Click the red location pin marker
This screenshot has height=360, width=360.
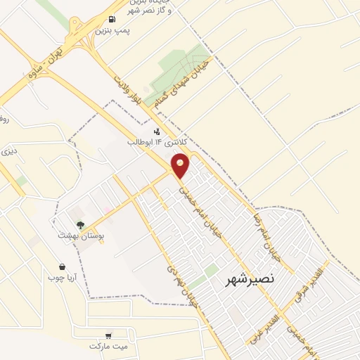point(181,165)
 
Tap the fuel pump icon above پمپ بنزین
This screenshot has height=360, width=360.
point(112,19)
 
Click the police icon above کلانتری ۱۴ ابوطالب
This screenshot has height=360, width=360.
point(156,131)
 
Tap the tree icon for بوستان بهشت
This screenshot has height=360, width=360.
point(82,226)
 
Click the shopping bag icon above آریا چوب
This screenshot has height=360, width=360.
point(63,267)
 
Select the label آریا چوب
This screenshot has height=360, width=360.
point(63,278)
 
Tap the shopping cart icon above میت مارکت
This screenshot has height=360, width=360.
point(108,335)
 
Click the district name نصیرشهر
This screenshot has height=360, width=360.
point(249,281)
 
